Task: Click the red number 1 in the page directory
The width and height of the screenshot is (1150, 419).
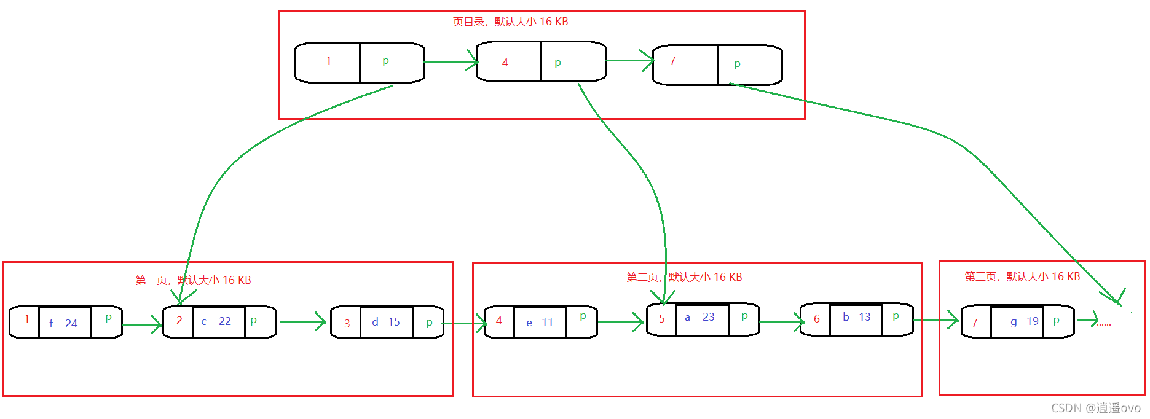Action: point(329,61)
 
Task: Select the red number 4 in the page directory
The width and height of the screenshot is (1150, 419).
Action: point(505,63)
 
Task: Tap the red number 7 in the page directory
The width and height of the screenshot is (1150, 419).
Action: point(673,61)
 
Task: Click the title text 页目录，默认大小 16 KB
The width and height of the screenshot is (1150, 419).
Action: point(510,22)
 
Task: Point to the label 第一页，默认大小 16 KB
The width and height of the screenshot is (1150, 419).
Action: point(193,280)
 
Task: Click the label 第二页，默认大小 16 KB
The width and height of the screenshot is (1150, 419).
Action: point(684,277)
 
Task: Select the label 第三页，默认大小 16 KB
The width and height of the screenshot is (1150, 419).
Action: point(1022,276)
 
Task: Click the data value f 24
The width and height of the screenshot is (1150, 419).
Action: point(63,323)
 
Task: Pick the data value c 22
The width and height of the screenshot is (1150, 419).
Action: point(216,321)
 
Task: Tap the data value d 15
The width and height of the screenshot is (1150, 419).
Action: point(386,322)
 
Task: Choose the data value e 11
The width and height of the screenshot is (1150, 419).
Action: point(540,323)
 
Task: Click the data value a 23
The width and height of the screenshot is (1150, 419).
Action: point(700,317)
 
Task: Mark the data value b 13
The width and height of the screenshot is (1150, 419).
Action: point(857,317)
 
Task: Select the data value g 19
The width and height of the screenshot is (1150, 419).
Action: point(1025,321)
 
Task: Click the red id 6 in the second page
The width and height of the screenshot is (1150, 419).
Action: point(817,319)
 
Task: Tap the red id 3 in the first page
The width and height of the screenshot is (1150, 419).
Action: point(347,324)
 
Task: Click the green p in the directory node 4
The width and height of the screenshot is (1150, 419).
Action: point(558,63)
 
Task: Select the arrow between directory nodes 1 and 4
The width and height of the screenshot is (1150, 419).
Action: point(451,61)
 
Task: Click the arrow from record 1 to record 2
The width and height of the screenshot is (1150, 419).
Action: point(142,324)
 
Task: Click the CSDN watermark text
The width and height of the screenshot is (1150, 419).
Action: point(1096,408)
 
